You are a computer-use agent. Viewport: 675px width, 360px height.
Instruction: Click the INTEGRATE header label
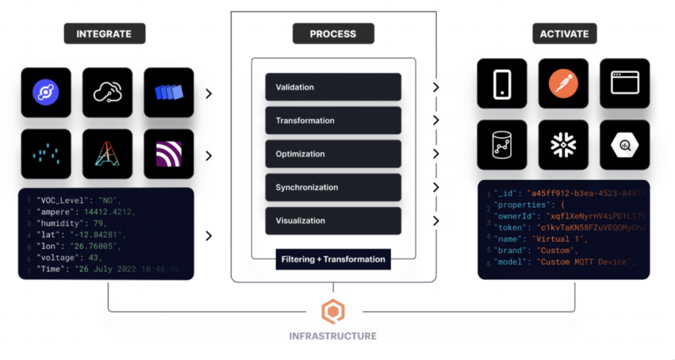tap(104, 34)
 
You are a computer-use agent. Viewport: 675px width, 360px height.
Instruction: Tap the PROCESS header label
tap(333, 34)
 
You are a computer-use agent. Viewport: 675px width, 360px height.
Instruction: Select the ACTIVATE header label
tap(564, 34)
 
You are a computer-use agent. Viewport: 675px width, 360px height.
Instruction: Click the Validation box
tap(333, 87)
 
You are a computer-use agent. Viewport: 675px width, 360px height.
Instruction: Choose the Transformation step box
tap(333, 121)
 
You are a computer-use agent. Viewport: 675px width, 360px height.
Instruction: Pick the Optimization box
tap(333, 154)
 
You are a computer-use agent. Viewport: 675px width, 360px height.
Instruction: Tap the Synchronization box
tap(333, 187)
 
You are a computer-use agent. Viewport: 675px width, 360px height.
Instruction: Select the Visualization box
tap(333, 221)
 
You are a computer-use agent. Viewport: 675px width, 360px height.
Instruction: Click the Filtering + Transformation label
tap(333, 259)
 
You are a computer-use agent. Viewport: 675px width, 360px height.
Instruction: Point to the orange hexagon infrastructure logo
tap(333, 311)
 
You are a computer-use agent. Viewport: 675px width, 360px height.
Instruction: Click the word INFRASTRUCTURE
tap(333, 336)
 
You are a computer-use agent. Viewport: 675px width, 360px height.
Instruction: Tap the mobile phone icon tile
tap(502, 83)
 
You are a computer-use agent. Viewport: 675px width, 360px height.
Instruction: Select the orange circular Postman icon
tap(563, 83)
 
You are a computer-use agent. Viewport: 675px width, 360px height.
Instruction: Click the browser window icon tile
tap(624, 83)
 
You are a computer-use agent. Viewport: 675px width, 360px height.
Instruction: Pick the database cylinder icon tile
tap(502, 144)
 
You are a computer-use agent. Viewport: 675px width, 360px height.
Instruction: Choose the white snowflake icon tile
tap(563, 144)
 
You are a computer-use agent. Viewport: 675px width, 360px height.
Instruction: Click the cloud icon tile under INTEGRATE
tap(107, 93)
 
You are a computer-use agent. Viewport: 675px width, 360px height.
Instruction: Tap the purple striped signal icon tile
tap(169, 154)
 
